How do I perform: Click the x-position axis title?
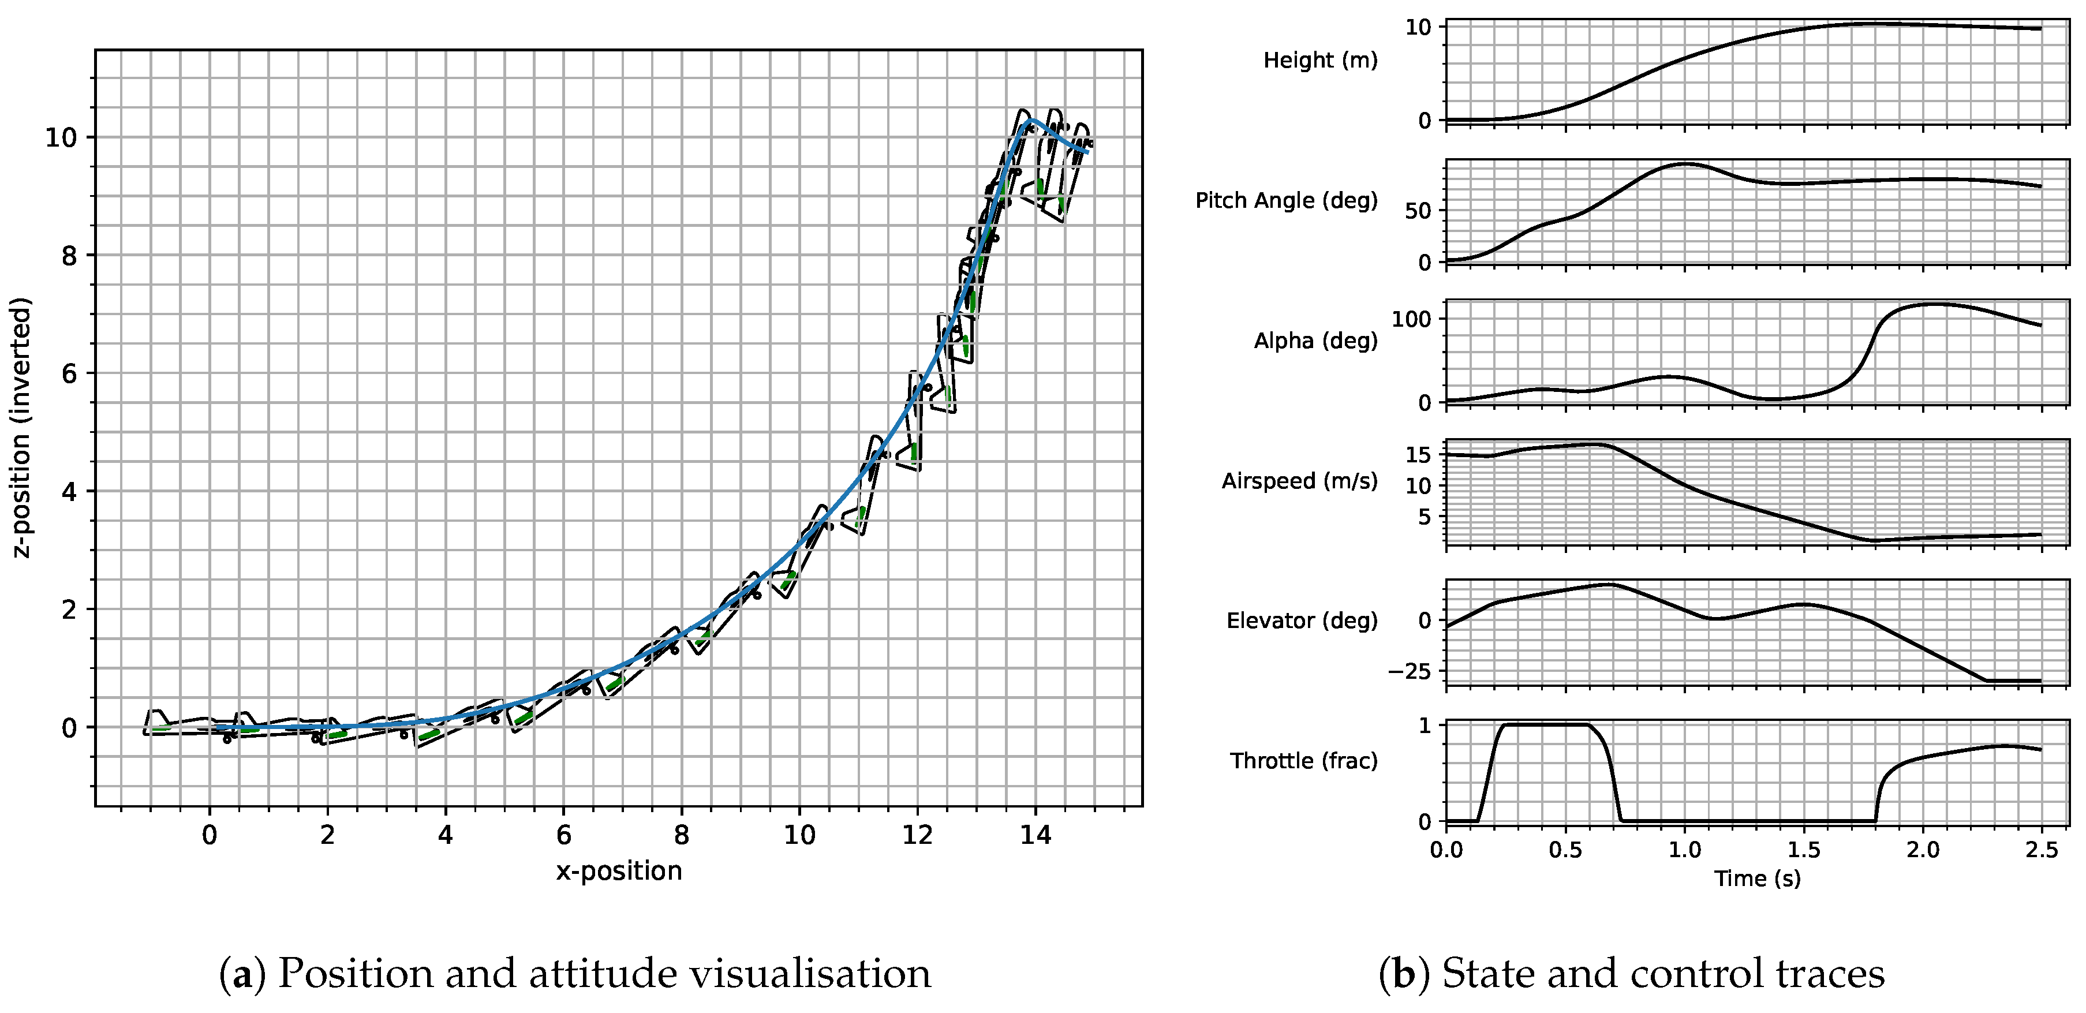point(619,871)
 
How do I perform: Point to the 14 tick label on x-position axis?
point(1035,835)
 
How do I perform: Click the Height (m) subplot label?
point(1320,60)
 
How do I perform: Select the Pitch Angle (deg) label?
point(1286,200)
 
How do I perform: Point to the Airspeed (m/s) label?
point(1299,481)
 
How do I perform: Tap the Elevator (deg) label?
point(1302,620)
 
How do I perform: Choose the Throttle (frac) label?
point(1304,760)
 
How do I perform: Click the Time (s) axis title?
point(1757,879)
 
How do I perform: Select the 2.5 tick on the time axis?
point(2040,850)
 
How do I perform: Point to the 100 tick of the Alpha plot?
point(1411,319)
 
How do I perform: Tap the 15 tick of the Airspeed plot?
point(1418,455)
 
